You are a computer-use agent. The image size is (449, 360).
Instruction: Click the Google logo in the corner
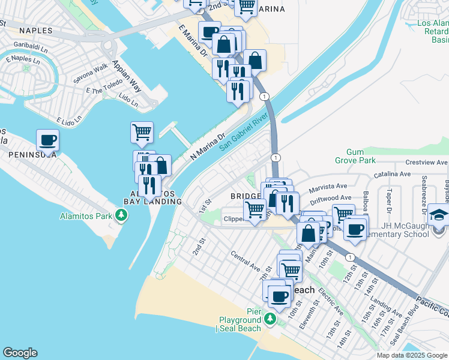(20, 353)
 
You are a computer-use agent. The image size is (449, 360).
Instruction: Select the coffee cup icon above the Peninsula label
(47, 140)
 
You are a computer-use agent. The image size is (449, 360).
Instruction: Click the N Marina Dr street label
(207, 146)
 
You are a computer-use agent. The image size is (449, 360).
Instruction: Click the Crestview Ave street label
(426, 163)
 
